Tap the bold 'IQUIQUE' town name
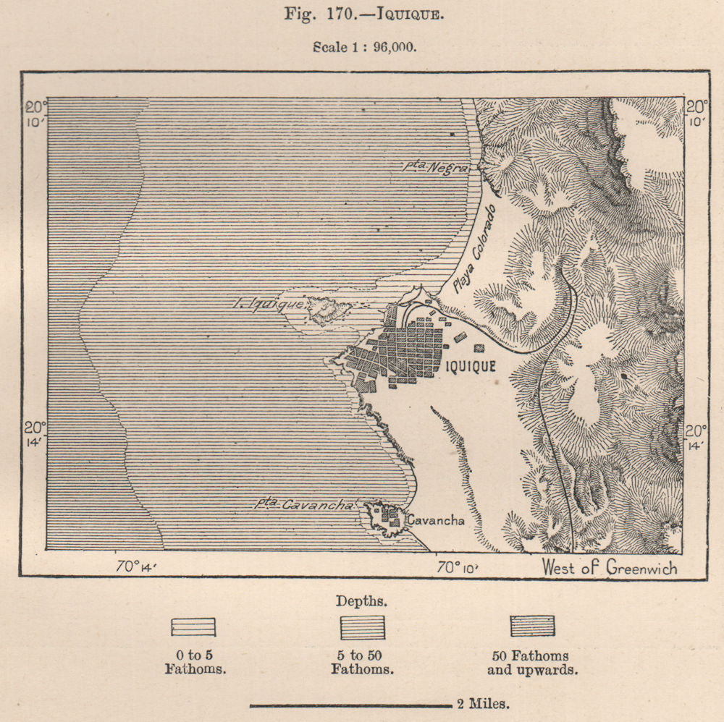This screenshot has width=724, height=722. point(471,366)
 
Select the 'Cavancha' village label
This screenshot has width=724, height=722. point(434,519)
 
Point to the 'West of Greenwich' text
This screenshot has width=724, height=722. point(610,567)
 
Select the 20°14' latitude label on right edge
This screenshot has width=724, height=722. point(696,438)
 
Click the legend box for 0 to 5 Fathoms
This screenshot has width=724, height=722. point(193,627)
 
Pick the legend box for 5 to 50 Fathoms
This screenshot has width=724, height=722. point(363,627)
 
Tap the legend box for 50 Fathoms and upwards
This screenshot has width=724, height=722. point(532,627)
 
